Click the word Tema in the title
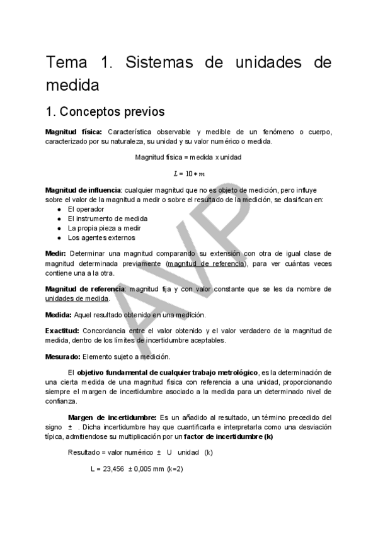point(67,63)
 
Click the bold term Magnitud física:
point(69,132)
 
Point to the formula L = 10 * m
point(189,173)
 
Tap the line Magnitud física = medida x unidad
point(188,157)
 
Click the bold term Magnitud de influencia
point(84,190)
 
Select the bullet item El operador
point(86,209)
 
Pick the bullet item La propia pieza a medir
point(105,228)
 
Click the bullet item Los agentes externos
point(101,238)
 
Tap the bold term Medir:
point(57,254)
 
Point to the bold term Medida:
point(59,314)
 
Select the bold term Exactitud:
point(62,331)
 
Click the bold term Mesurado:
point(64,356)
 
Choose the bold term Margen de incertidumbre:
point(112,417)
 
